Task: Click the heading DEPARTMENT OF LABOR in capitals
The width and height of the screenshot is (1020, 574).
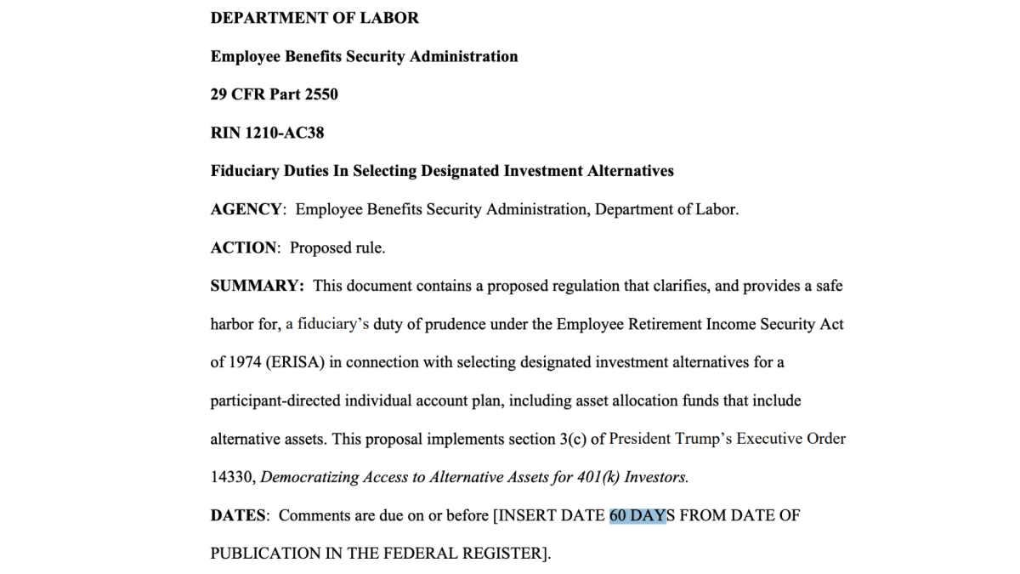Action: click(x=314, y=18)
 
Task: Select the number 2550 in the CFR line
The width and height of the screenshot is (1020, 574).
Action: click(x=321, y=94)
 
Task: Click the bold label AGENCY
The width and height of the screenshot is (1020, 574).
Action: click(x=246, y=209)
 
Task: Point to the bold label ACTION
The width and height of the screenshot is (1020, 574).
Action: click(x=244, y=247)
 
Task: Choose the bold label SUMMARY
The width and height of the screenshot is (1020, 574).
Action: click(x=257, y=286)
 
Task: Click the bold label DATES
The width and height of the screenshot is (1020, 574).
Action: click(x=239, y=515)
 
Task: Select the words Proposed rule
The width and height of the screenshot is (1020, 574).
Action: click(x=337, y=247)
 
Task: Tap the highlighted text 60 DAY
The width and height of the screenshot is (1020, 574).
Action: click(x=637, y=515)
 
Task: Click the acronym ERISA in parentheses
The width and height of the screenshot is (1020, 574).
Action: click(x=294, y=362)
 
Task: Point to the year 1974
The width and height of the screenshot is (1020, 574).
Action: click(x=243, y=362)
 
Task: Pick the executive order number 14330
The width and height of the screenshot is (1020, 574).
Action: click(x=231, y=477)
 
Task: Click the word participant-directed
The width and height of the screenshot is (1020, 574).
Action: click(x=280, y=401)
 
